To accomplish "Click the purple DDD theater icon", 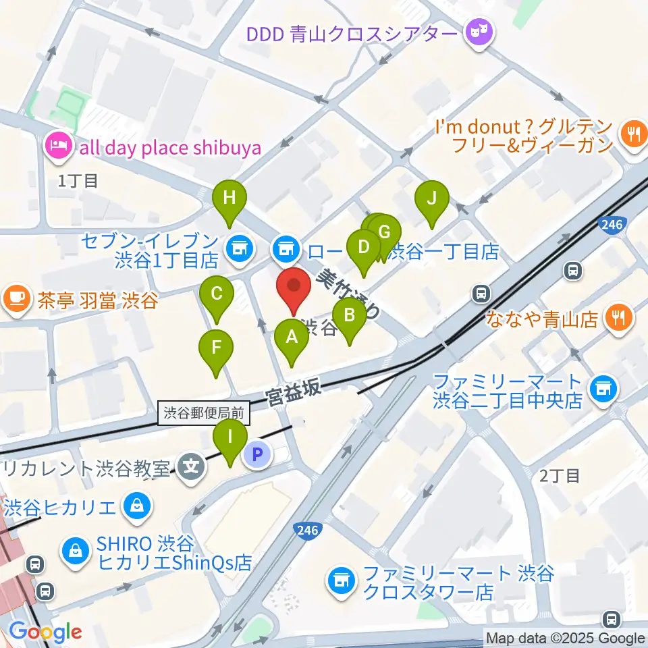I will click(479, 32).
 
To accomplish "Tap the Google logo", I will click(45, 632).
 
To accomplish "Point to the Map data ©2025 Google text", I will click(565, 638).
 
